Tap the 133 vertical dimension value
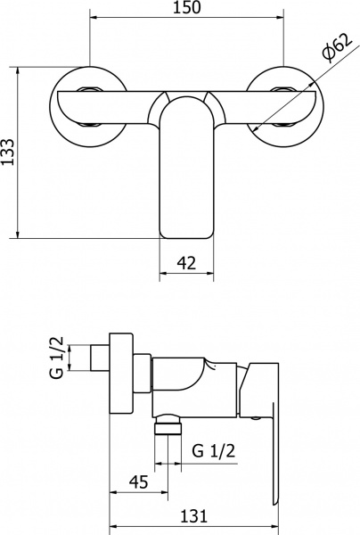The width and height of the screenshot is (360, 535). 8,152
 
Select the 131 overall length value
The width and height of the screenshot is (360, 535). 195,514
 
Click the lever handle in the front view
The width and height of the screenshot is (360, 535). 187,169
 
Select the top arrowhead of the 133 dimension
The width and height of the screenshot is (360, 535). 20,68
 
